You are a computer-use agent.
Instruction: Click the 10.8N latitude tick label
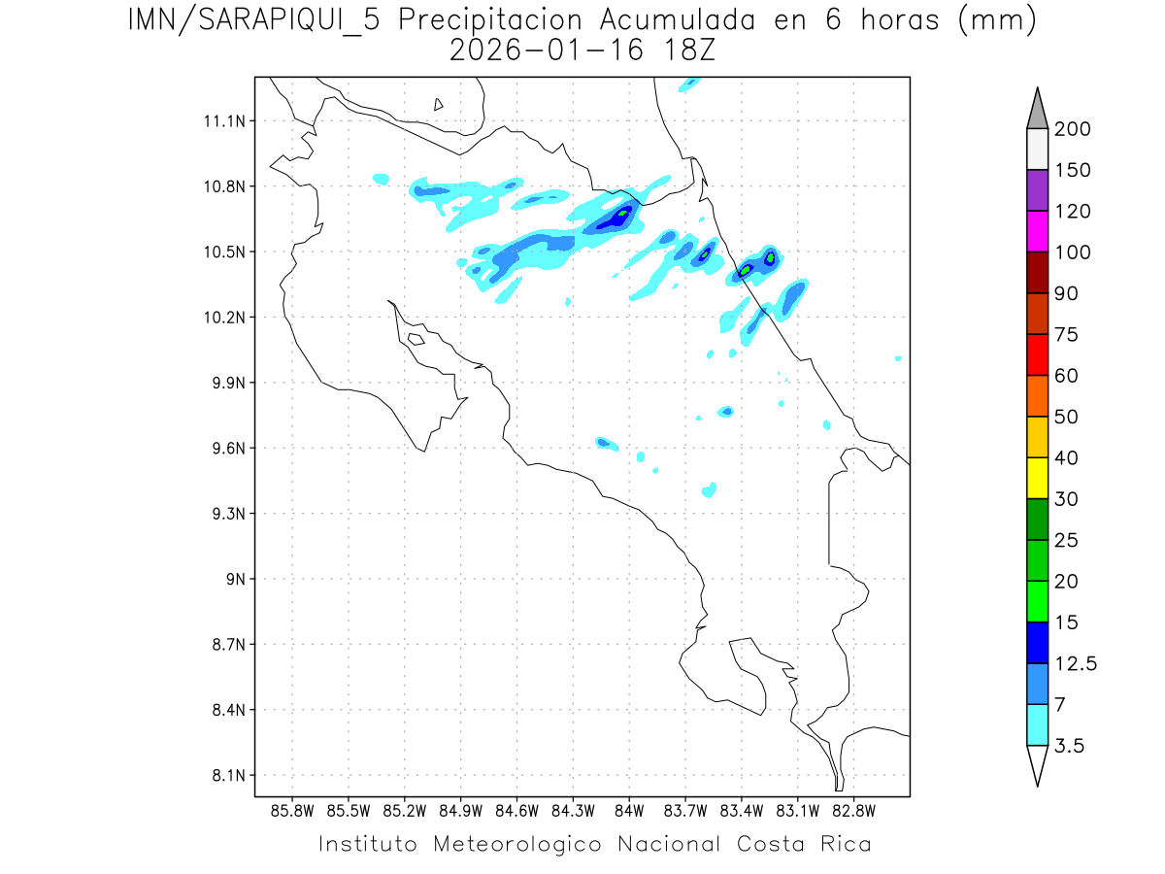226,186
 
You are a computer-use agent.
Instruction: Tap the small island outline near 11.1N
439,104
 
